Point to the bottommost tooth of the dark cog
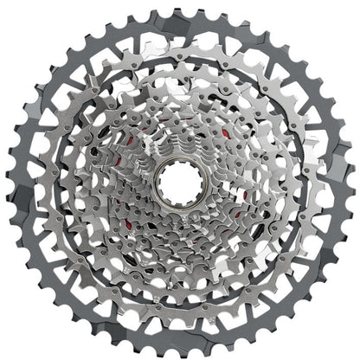pyautogui.click(x=180, y=354)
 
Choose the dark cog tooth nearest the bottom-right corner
pyautogui.click(x=303, y=304)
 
